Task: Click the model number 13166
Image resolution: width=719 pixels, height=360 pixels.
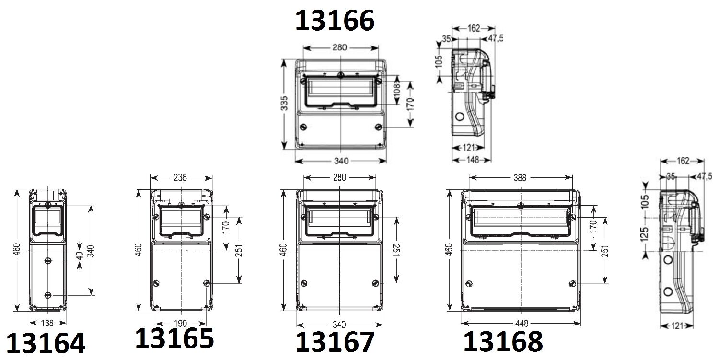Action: coord(335,21)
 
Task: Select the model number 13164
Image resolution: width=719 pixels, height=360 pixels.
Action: coord(46,343)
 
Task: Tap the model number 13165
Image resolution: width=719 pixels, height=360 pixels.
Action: coord(174,338)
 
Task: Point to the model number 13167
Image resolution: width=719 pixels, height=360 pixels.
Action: coord(335,342)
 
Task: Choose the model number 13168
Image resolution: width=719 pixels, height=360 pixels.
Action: coord(503,341)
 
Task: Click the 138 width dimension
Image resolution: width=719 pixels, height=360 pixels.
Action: coord(47,323)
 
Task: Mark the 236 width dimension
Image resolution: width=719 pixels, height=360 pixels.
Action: coord(180,177)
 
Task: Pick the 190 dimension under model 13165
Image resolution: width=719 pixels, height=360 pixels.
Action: coord(180,324)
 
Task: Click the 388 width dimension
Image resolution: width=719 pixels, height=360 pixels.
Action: coord(520,177)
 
